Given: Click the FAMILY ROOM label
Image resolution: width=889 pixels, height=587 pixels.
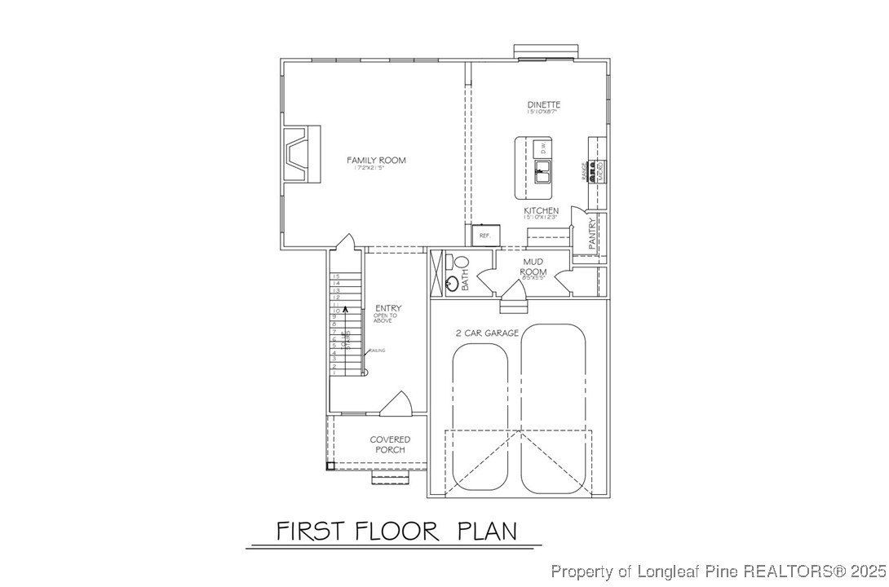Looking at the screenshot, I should [x=376, y=161].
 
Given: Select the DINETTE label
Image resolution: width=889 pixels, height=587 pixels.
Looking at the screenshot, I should [x=543, y=105].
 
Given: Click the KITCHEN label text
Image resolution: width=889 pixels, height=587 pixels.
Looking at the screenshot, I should [x=541, y=211].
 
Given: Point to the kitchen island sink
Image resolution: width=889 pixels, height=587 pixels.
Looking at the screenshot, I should [x=541, y=170].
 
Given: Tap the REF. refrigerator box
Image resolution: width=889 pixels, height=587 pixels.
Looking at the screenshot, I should [x=484, y=235].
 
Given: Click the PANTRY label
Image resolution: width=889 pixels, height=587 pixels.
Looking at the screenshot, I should [x=593, y=234].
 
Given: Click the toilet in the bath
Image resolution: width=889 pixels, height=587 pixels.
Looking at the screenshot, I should [x=461, y=263].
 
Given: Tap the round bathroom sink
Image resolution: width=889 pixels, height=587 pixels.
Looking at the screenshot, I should [x=452, y=284].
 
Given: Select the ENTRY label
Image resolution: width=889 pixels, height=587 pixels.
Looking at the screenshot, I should [x=388, y=308].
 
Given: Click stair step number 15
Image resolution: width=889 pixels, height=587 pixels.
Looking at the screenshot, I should [x=335, y=276].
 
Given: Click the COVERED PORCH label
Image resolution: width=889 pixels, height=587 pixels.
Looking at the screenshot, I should [x=390, y=444].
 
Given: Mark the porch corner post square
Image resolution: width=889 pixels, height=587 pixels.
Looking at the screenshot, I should [x=330, y=466].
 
